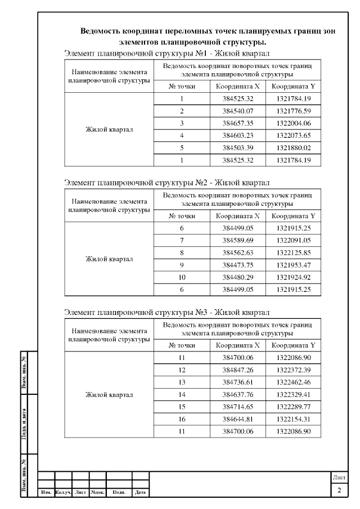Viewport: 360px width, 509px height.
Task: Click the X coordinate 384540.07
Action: click(238, 111)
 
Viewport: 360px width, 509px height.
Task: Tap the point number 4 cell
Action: click(182, 136)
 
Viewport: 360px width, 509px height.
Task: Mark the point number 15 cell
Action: click(182, 407)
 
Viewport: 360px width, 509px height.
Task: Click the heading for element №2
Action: click(167, 183)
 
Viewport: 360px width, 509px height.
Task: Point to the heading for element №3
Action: click(167, 312)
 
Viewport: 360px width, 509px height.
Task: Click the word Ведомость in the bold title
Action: click(103, 31)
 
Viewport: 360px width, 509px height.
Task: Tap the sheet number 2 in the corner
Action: click(339, 491)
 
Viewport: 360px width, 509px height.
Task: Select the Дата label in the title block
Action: click(140, 493)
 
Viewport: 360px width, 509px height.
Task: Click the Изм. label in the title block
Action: click(46, 493)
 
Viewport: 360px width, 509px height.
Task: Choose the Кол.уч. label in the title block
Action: click(63, 493)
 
